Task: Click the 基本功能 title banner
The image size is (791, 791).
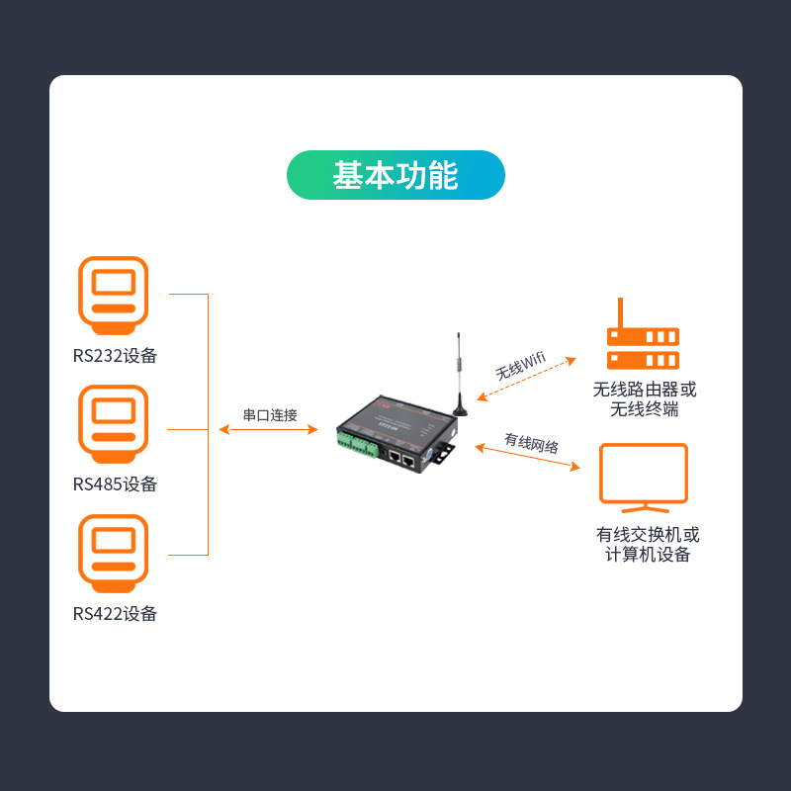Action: (x=395, y=175)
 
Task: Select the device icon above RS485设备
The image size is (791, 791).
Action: (x=114, y=423)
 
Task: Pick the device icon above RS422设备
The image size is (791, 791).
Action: (x=114, y=552)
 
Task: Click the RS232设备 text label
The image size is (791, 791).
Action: (x=115, y=356)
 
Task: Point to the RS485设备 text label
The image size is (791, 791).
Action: (x=115, y=484)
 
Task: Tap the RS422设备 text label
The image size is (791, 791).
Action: (x=115, y=614)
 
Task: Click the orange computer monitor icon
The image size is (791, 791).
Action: (x=643, y=477)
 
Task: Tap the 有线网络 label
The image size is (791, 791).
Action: (x=531, y=443)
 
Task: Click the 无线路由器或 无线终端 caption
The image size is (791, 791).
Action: (x=644, y=399)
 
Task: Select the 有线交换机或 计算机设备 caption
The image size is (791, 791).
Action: (x=647, y=545)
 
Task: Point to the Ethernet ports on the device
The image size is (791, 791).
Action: (x=401, y=458)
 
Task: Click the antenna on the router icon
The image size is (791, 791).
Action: (x=620, y=310)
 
